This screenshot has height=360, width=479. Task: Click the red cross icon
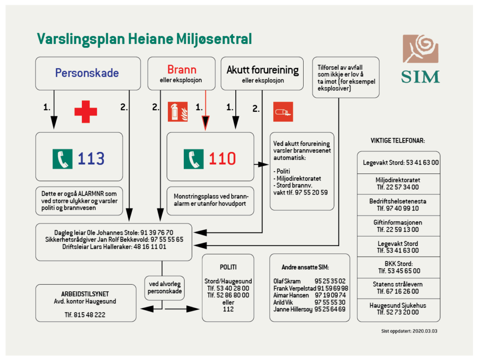[x=86, y=112]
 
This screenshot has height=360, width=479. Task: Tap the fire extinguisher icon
[x=178, y=112]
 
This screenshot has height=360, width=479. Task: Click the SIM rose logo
[x=421, y=49]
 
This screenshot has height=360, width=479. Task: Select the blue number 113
[x=91, y=159]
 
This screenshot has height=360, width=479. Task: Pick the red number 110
[x=222, y=159]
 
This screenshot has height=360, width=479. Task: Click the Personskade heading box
[x=88, y=73]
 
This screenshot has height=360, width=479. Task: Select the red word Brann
[x=181, y=70]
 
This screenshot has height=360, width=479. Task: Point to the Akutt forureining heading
[x=262, y=70]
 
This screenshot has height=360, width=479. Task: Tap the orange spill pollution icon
[x=283, y=112]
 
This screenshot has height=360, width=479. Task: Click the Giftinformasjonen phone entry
[x=398, y=226]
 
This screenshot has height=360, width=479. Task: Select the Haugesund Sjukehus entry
[x=398, y=309]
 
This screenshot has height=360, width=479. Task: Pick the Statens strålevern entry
[x=398, y=288]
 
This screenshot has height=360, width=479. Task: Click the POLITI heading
[x=228, y=267]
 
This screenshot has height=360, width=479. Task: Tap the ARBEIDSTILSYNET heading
[x=85, y=294]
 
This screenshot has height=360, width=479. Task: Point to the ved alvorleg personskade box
[x=164, y=287]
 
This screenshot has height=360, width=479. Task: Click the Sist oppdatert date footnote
[x=409, y=331]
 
